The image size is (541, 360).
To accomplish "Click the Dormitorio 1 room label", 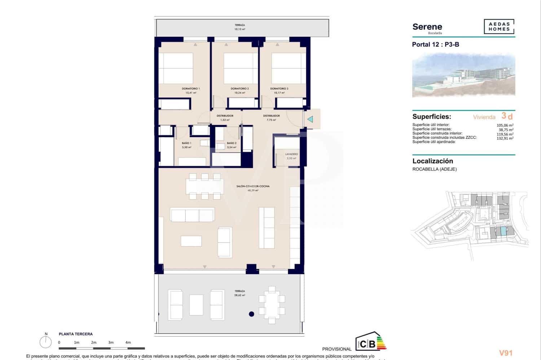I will [x=190, y=89].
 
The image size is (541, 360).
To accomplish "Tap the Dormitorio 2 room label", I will [x=239, y=89].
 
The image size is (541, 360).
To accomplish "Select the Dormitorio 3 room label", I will [x=279, y=89].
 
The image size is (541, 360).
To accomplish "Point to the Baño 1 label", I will [x=186, y=143].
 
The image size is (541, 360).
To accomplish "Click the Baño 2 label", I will [x=232, y=143].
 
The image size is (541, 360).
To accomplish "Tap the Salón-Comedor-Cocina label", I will [x=253, y=186].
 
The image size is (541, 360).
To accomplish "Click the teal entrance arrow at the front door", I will [x=310, y=119].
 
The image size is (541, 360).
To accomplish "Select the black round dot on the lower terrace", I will [x=251, y=314].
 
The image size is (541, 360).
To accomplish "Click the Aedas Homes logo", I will [x=499, y=27].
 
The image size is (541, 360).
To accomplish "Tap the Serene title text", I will [x=427, y=27].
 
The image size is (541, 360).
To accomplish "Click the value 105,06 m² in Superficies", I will [x=505, y=125].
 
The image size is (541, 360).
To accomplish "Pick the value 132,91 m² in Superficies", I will [x=505, y=138].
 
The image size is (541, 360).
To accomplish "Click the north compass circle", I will [x=46, y=342].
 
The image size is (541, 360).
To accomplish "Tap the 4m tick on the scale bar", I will [x=128, y=343].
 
